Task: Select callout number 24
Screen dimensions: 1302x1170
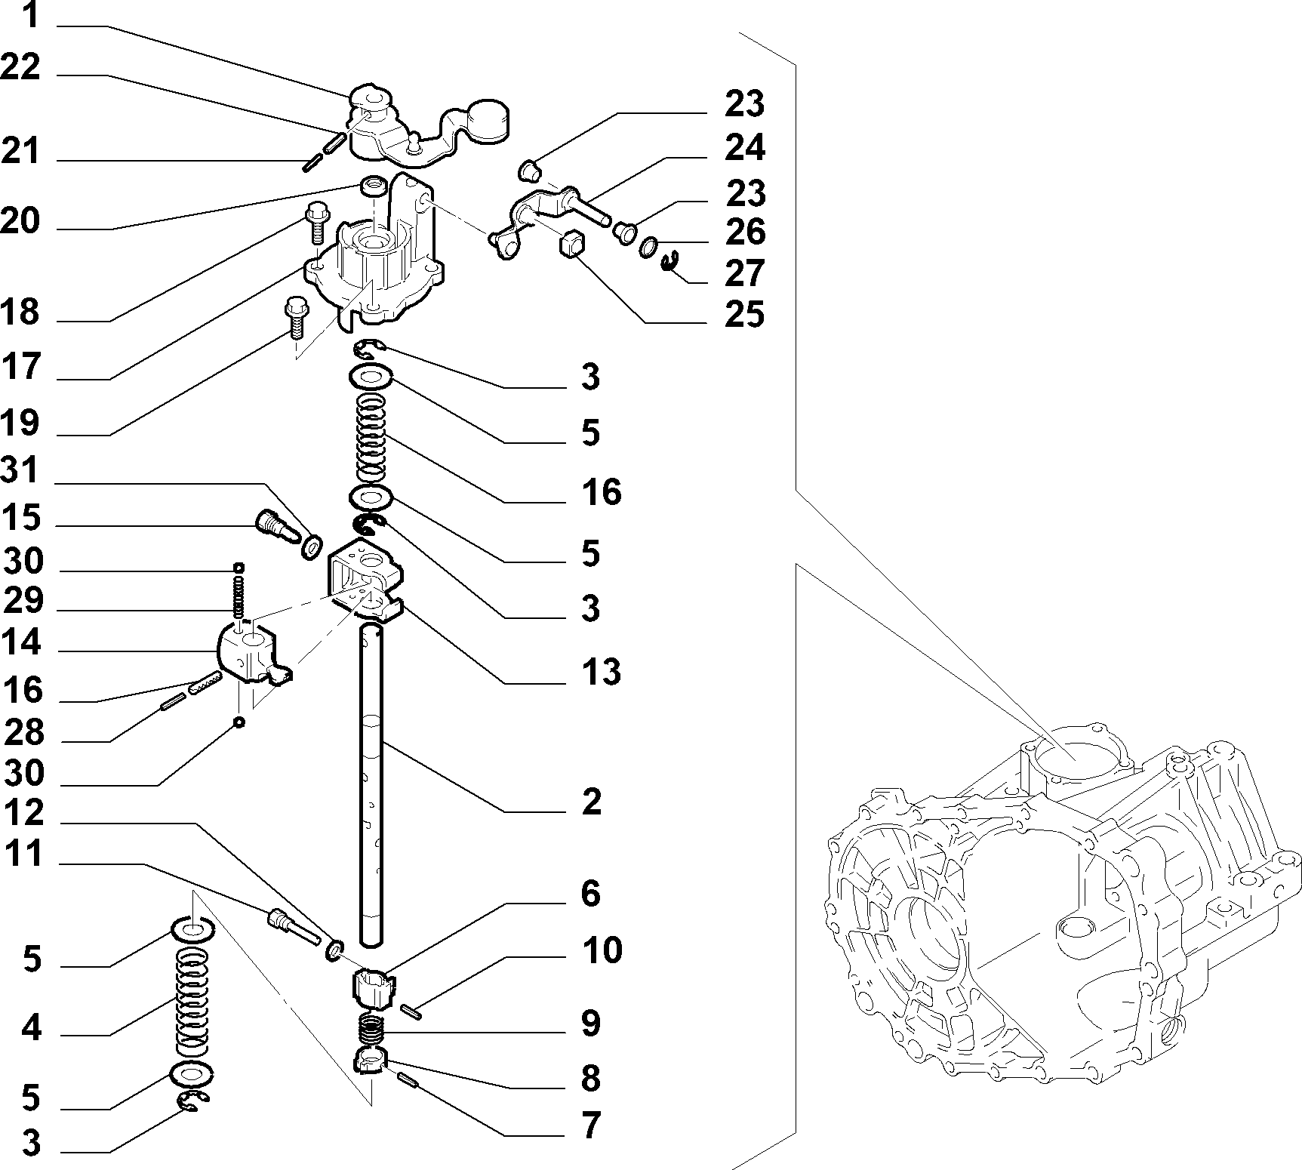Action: [x=745, y=148]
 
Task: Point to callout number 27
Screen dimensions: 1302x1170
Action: [x=745, y=273]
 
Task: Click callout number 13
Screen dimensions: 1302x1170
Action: [x=601, y=671]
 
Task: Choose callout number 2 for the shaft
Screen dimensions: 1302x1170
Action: [x=591, y=802]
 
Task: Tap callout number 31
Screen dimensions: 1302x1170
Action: [x=20, y=472]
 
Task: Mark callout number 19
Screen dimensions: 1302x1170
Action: [x=20, y=423]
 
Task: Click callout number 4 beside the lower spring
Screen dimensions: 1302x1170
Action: [x=31, y=1029]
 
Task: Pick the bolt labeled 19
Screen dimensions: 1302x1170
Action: [x=294, y=317]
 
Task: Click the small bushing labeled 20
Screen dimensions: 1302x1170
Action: [x=371, y=186]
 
